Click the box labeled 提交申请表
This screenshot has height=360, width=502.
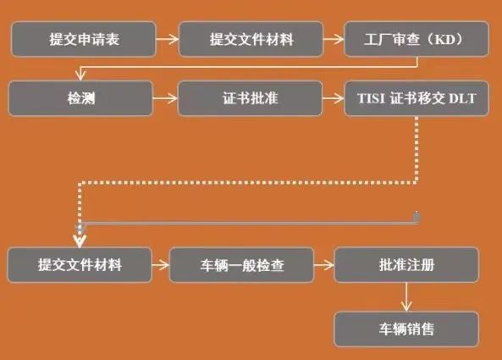pyautogui.click(x=84, y=39)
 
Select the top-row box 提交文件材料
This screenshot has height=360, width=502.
pyautogui.click(x=251, y=39)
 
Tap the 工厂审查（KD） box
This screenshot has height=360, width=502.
pyautogui.click(x=416, y=39)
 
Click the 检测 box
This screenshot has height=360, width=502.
pyautogui.click(x=80, y=98)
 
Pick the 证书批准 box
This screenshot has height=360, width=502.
pyautogui.click(x=250, y=98)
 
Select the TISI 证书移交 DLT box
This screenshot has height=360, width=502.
pyautogui.click(x=416, y=98)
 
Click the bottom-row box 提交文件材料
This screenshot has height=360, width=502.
pyautogui.click(x=80, y=265)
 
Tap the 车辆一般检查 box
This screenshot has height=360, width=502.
pyautogui.click(x=242, y=265)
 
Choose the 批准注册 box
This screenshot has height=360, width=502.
pyautogui.click(x=406, y=265)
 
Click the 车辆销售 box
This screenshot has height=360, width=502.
pyautogui.click(x=406, y=329)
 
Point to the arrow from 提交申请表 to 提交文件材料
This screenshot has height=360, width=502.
pyautogui.click(x=168, y=40)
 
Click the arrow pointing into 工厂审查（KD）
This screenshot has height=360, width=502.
pyautogui.click(x=334, y=40)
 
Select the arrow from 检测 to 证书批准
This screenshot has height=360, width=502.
pyautogui.click(x=165, y=98)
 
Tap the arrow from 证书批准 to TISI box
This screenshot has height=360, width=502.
pyautogui.click(x=334, y=98)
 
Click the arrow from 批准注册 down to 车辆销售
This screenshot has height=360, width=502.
pyautogui.click(x=406, y=297)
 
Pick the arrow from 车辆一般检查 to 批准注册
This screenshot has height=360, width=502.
pyautogui.click(x=324, y=265)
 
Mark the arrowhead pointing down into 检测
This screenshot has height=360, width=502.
pyautogui.click(x=80, y=76)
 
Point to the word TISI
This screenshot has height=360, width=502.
pyautogui.click(x=371, y=98)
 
